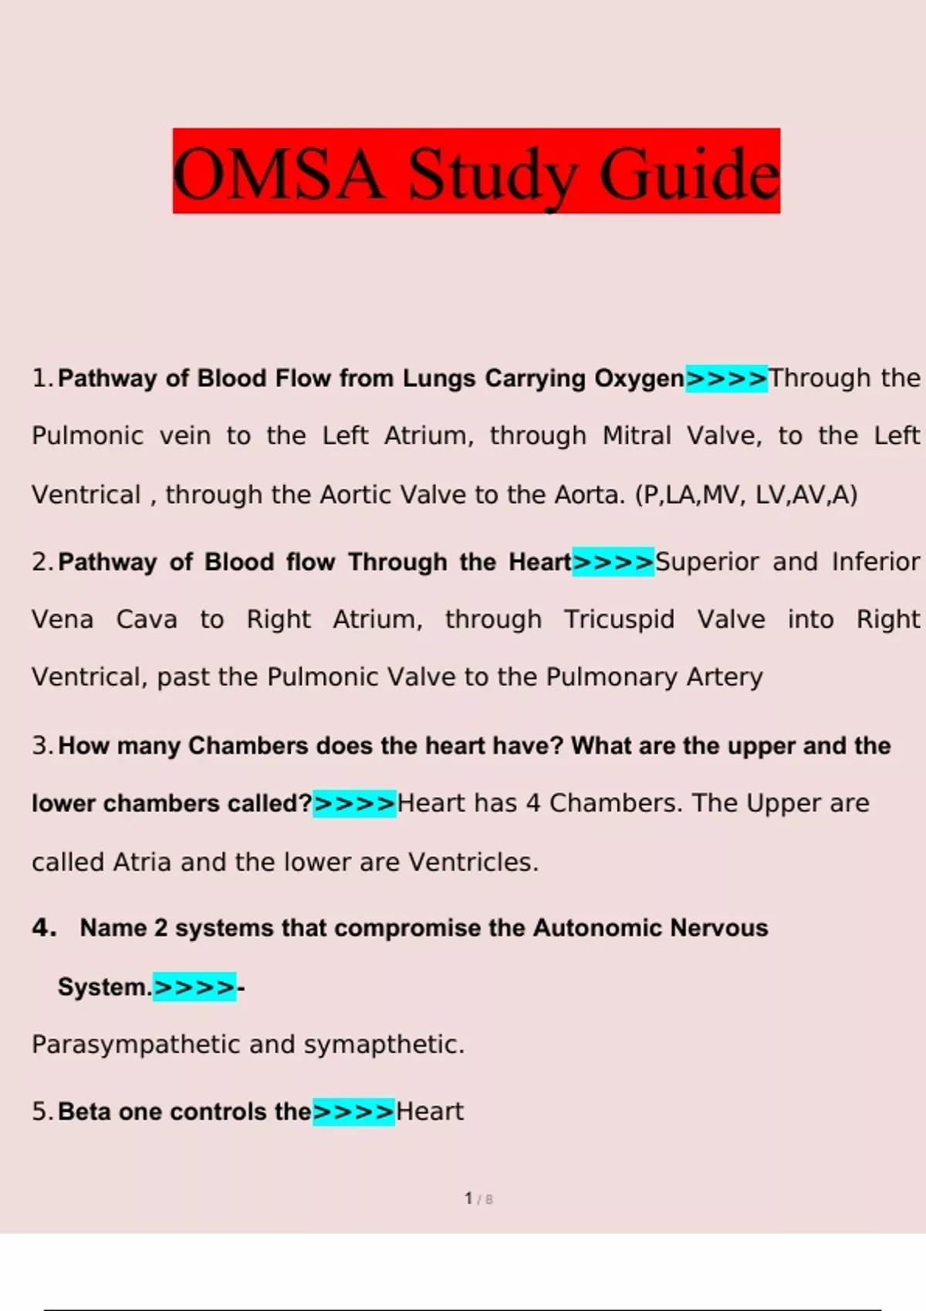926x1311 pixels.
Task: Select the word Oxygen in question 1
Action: (639, 379)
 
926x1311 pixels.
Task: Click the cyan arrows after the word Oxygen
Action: (727, 379)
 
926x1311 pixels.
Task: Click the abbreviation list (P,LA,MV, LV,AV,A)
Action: (746, 494)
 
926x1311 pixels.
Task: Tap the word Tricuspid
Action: (619, 619)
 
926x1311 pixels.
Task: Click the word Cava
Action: (147, 619)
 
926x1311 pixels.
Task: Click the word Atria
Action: (142, 861)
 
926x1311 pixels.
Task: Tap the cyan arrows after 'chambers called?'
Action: (354, 804)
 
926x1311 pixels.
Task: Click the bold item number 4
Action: (44, 928)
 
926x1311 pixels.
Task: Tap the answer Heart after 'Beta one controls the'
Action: (430, 1111)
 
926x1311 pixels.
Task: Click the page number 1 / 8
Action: (478, 1198)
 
